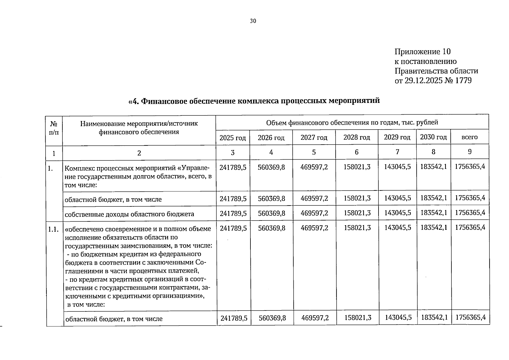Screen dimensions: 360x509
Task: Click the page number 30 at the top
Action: pos(253,21)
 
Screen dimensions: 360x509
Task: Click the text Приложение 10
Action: pos(422,52)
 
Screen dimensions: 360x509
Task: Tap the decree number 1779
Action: pos(463,80)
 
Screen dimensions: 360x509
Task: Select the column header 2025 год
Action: pos(232,138)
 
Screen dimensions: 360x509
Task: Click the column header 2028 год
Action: pos(357,137)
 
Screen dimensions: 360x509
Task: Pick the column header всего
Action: pos(469,137)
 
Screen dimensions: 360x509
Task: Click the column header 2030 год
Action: pos(433,137)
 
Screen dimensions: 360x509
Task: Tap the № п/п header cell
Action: pos(54,127)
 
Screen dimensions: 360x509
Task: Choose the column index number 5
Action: pos(314,152)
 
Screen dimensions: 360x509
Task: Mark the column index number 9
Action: pos(470,152)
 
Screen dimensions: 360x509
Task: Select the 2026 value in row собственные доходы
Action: pos(271,213)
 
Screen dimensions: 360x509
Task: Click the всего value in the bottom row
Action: pos(470,317)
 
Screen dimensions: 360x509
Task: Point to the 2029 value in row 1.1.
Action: pos(398,228)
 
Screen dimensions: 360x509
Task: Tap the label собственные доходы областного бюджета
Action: pos(129,214)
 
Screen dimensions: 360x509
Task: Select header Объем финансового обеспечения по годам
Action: pos(352,122)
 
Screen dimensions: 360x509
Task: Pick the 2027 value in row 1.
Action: pos(314,167)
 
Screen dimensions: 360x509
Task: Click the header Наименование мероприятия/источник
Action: pos(139,124)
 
